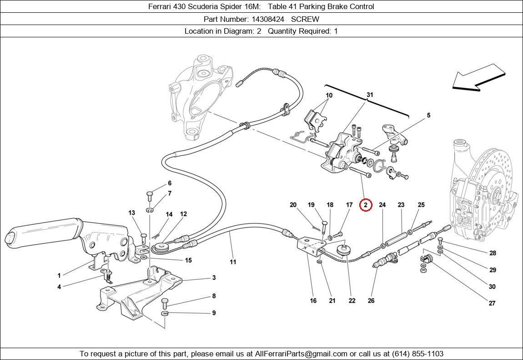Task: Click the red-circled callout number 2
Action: coord(365,205)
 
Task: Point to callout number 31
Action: coord(370,95)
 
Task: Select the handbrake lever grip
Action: coord(43,231)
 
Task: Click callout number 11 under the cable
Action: coord(233,262)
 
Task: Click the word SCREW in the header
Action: coord(305,19)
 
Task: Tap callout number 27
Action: coord(492,303)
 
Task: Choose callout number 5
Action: coord(428,116)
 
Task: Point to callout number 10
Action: coord(329,96)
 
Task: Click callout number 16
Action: coord(313,300)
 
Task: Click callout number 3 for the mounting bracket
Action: coord(214,278)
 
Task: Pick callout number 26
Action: coord(371,300)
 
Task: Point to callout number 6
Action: coord(170,183)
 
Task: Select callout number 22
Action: coord(352,300)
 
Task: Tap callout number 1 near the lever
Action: coord(59,275)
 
